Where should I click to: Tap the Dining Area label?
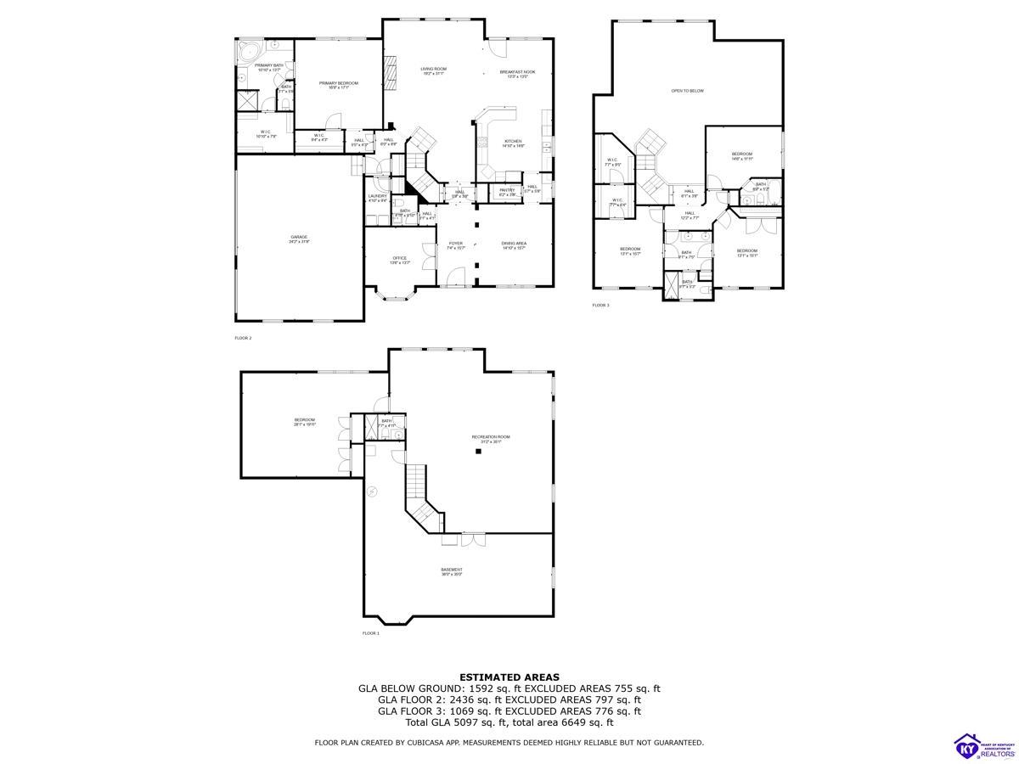tap(514, 244)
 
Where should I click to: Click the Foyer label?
tap(456, 244)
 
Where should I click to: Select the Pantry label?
tap(507, 191)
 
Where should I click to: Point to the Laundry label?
tap(378, 198)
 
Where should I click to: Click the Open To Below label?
tap(687, 91)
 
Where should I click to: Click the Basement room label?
tap(452, 571)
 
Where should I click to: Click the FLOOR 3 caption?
tap(600, 305)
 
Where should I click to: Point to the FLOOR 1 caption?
tap(371, 633)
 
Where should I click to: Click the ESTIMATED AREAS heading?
tap(509, 677)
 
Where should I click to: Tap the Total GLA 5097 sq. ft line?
tap(509, 722)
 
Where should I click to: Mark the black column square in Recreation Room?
tap(478, 452)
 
